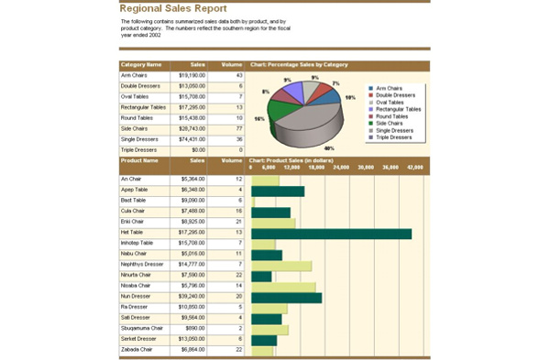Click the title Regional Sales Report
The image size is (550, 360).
pos(173,8)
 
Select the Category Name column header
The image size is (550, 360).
pos(141,65)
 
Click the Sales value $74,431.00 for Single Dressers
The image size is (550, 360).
pos(192,139)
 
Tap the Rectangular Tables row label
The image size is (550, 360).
pos(143,107)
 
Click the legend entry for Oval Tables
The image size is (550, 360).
pos(393,102)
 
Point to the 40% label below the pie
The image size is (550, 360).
pos(329,148)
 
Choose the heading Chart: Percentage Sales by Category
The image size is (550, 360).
pos(299,65)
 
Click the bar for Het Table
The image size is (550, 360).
pos(330,234)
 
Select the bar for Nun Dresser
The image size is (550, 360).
pos(285,297)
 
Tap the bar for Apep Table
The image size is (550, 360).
pos(277,191)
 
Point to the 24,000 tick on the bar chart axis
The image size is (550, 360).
pos(341,168)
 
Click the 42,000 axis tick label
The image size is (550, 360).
pos(415,168)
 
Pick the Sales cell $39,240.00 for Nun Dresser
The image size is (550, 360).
pos(192,297)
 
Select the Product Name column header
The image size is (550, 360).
pos(139,160)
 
